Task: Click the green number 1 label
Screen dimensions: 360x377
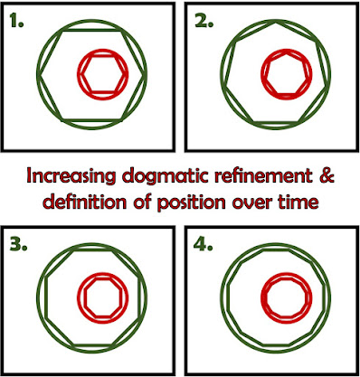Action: [x=16, y=21]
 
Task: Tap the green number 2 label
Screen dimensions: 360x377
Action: [x=204, y=21]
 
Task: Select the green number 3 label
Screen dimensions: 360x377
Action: [x=18, y=246]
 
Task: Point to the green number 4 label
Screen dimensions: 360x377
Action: [x=203, y=246]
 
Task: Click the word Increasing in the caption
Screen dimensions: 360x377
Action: [x=71, y=176]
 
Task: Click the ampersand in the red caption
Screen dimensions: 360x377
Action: [x=327, y=175]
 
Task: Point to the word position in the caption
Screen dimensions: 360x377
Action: [x=191, y=203]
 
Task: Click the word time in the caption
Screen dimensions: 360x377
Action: [x=298, y=202]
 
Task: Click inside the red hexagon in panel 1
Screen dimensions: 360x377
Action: [x=103, y=74]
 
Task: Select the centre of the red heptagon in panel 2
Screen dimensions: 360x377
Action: [x=286, y=74]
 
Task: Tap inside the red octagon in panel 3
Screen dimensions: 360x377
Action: [x=103, y=298]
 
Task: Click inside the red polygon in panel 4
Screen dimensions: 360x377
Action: [x=286, y=298]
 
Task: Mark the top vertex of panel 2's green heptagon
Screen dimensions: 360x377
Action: [x=276, y=21]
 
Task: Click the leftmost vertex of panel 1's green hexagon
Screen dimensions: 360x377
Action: [x=38, y=74]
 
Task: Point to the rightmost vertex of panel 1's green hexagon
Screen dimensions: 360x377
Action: [x=146, y=74]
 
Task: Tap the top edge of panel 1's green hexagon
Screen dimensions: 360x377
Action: [x=92, y=31]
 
